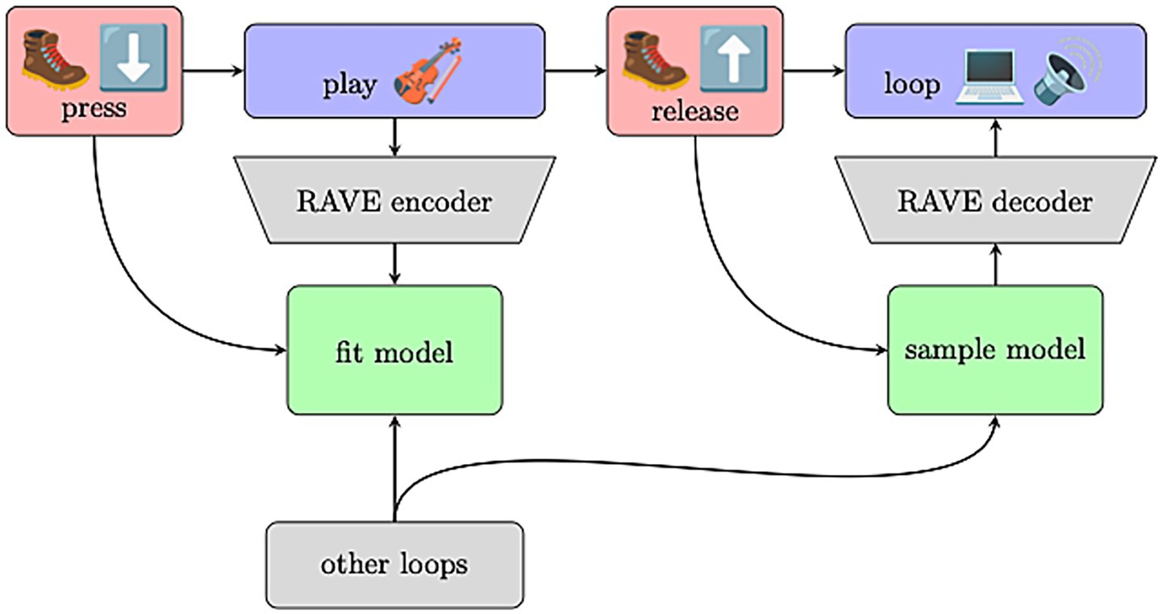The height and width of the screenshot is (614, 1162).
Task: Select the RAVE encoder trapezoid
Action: click(x=394, y=200)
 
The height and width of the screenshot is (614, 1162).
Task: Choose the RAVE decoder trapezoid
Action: click(x=994, y=200)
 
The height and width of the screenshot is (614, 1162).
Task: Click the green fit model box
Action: click(x=394, y=350)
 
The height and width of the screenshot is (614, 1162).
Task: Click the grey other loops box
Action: click(x=394, y=564)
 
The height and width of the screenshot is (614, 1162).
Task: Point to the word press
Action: click(x=94, y=108)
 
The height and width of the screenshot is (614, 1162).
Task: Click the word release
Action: click(x=694, y=110)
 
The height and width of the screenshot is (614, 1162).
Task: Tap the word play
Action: click(x=349, y=85)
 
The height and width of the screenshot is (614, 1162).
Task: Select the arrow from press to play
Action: click(x=214, y=71)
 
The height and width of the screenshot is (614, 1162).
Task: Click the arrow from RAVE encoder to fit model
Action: click(x=394, y=263)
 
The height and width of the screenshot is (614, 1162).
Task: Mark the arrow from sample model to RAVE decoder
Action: click(x=995, y=265)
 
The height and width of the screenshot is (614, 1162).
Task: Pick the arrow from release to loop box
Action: click(x=813, y=71)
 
